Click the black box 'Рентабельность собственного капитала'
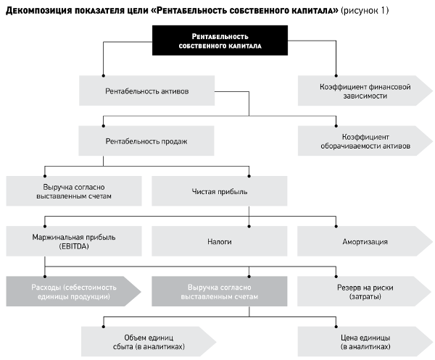pos(220,41)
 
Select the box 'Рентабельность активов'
pos(146,91)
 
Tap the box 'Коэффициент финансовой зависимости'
pos(365,91)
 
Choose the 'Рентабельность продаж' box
pos(146,141)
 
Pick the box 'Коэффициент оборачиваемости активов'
pos(365,141)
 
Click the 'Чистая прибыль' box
pos(220,191)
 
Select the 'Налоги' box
pos(220,241)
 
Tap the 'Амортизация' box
pos(365,241)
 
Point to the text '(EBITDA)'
pos(74,246)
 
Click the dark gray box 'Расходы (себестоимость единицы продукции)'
pos(74,291)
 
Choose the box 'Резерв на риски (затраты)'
pos(365,291)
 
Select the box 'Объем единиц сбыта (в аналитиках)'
pos(149,341)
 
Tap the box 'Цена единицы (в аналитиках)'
pos(365,341)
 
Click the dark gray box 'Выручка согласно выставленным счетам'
pos(220,291)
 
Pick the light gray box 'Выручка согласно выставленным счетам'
pos(74,191)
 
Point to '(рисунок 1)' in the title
pos(365,11)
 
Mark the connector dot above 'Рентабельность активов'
pos(103,75)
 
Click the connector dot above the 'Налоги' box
pos(249,226)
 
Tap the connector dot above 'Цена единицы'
pos(336,327)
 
